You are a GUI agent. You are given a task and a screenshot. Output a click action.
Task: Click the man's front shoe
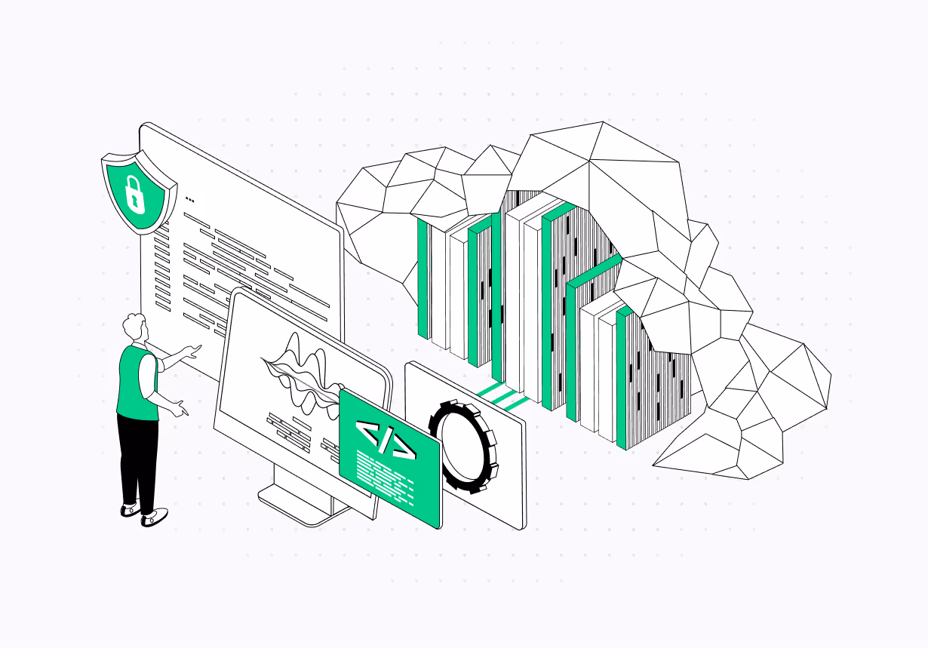tap(155, 517)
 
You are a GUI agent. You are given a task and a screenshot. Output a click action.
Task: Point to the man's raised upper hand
tap(194, 350)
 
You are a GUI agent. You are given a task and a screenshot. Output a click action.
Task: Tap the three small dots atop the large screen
tap(189, 201)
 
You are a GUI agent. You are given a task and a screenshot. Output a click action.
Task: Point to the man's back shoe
tap(131, 510)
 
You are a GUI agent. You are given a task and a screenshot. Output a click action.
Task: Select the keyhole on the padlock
tap(134, 200)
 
